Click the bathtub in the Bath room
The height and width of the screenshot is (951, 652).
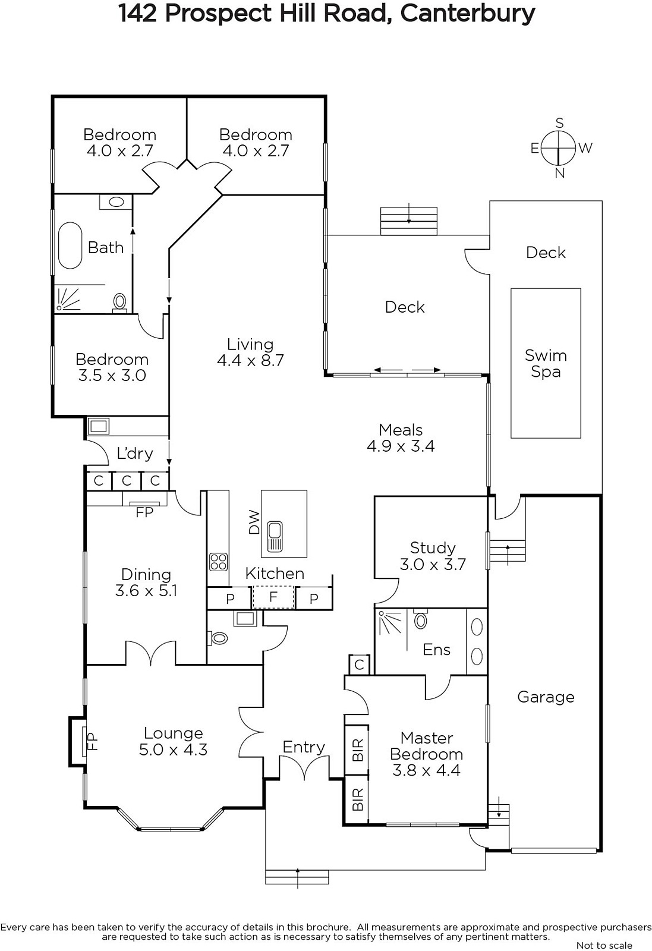click(x=70, y=245)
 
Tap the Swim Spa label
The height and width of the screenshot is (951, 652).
click(x=546, y=363)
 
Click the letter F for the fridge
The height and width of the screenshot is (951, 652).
click(x=273, y=597)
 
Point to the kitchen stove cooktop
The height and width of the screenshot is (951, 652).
click(x=219, y=562)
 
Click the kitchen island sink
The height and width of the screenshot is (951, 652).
click(x=275, y=537)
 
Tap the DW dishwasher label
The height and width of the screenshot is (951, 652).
click(x=254, y=522)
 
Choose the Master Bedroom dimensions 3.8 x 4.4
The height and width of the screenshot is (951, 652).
click(x=426, y=770)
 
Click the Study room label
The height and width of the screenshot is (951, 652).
click(x=433, y=547)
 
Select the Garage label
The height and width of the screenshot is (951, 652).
click(x=546, y=697)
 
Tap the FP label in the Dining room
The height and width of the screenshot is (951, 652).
click(x=144, y=513)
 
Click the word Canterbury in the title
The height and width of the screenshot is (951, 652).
click(x=468, y=13)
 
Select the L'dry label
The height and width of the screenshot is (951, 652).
click(x=134, y=454)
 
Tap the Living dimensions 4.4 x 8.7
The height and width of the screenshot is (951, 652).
click(x=250, y=360)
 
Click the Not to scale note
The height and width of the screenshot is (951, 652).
click(x=604, y=945)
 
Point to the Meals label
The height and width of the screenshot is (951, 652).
click(x=401, y=430)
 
